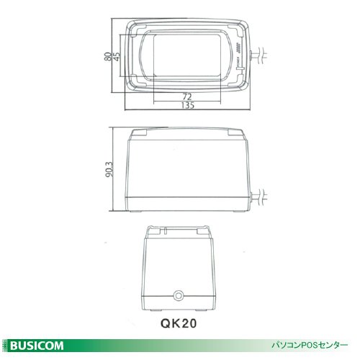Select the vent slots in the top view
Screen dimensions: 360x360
pyautogui.click(x=233, y=49)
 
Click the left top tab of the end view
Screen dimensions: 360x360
pyautogui.click(x=153, y=231)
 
